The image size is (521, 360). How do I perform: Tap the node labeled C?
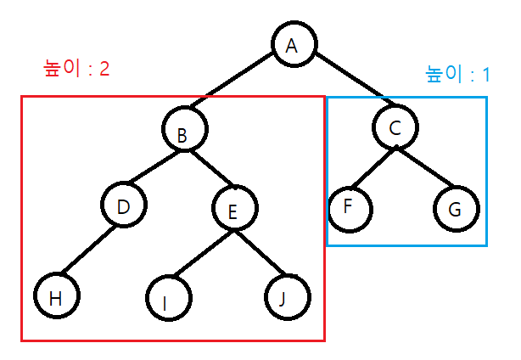395,127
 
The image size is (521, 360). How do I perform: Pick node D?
123,206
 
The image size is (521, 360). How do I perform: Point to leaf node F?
349,209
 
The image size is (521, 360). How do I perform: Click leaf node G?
457,209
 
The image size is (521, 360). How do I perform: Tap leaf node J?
287,297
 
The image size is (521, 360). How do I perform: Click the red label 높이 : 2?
76,69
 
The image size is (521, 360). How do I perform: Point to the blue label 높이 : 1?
457,74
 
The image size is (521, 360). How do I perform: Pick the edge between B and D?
154,169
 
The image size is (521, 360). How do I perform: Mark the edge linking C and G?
426,168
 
